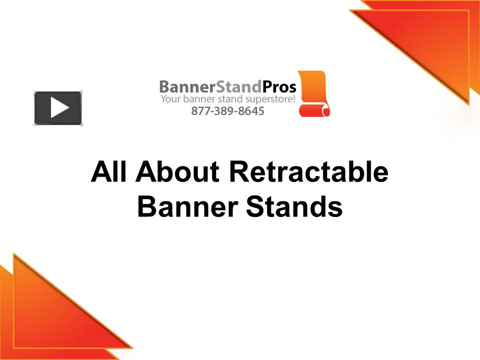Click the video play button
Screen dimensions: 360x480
(x=58, y=108)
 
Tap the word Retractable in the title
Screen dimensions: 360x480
(x=308, y=172)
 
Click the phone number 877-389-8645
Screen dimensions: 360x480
(x=227, y=111)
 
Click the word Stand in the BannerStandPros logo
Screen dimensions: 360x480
(x=239, y=86)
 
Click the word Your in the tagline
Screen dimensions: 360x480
(x=168, y=99)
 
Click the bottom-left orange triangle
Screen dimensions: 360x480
(x=45, y=315)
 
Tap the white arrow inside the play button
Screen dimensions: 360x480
(x=59, y=108)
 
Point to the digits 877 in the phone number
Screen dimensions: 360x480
(x=199, y=111)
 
